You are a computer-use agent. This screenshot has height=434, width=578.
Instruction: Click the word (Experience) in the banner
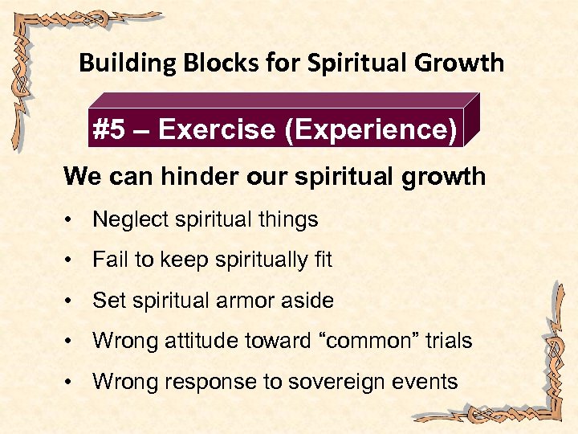click(371, 130)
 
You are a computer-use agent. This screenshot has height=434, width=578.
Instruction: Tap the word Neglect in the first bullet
click(127, 219)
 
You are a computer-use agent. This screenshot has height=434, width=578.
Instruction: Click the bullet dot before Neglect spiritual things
click(72, 219)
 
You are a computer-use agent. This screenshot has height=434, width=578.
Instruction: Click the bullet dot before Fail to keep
click(72, 260)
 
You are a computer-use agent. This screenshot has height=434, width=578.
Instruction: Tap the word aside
click(308, 301)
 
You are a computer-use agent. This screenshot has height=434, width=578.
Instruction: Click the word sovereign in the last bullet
click(328, 382)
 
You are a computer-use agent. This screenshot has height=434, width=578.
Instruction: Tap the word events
click(421, 382)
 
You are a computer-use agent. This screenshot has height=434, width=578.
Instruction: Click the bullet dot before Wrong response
click(72, 383)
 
